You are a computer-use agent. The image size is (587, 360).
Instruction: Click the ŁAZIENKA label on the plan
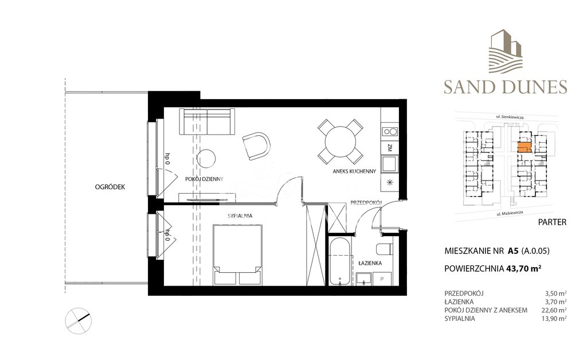click(369, 263)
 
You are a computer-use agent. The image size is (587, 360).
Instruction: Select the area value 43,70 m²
click(524, 267)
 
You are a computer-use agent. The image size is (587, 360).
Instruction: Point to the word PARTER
click(553, 222)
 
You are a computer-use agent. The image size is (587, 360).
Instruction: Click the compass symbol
click(78, 320)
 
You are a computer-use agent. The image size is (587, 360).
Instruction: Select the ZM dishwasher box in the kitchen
click(389, 147)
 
